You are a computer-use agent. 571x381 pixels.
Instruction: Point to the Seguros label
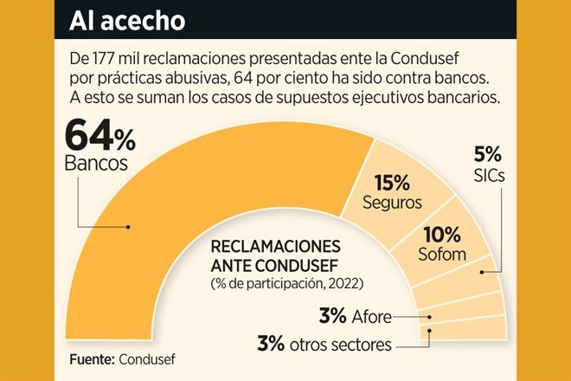click(x=393, y=203)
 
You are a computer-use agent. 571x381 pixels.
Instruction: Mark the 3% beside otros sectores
click(x=271, y=343)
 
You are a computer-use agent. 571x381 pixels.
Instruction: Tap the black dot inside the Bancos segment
click(x=128, y=228)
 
